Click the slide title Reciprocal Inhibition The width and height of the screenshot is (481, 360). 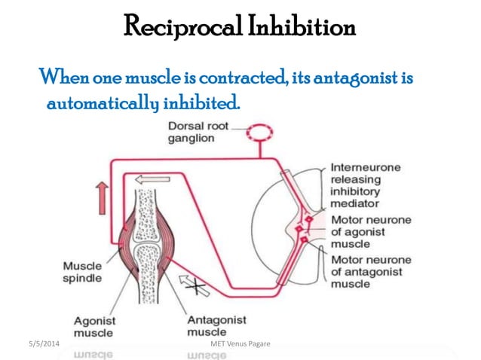[240, 28]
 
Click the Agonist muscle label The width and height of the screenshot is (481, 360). [94, 326]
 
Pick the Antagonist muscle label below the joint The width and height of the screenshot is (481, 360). [215, 325]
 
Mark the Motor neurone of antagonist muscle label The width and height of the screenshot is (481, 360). [370, 271]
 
